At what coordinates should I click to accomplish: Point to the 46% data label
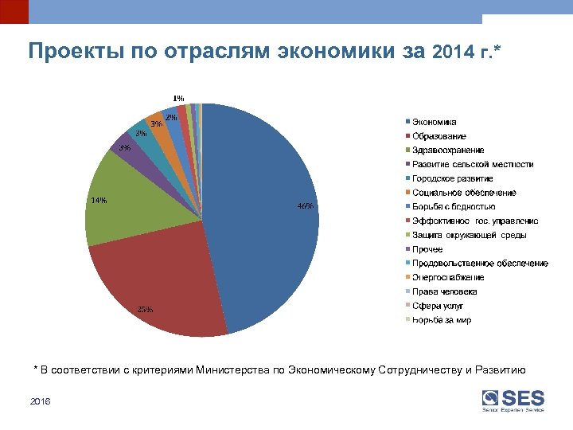[x=305, y=206]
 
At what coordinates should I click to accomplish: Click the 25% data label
[x=146, y=309]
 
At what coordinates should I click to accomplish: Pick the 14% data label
[x=99, y=200]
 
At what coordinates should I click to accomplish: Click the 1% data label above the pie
[x=179, y=99]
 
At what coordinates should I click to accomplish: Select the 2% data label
[x=171, y=117]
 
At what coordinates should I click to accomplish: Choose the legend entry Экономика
[x=434, y=122]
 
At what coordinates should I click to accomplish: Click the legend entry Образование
[x=439, y=136]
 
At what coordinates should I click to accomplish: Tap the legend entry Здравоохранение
[x=447, y=150]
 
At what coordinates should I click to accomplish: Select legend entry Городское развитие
[x=452, y=178]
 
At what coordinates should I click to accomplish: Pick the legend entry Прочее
[x=427, y=249]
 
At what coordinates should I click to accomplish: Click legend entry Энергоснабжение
[x=447, y=277]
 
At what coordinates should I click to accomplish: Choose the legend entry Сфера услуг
[x=437, y=306]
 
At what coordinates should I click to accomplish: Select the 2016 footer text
[x=40, y=402]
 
